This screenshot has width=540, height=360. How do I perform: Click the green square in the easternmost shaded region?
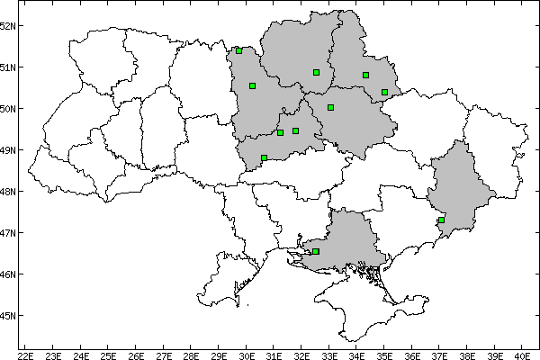[x=442, y=220]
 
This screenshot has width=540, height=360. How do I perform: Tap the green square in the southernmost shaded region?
[x=316, y=251]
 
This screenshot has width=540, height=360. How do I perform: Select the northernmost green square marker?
[x=238, y=50]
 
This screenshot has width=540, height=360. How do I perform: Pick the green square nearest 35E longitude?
[x=384, y=92]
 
